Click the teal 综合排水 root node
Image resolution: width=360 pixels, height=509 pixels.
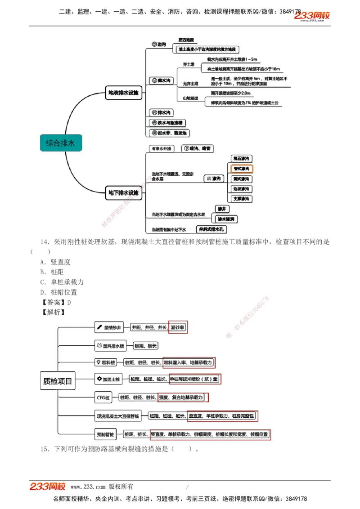[x=61, y=143]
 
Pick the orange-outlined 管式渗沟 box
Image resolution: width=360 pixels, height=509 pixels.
[x=241, y=169]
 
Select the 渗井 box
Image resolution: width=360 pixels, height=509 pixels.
[x=222, y=209]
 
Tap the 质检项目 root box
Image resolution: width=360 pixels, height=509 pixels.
[x=58, y=381]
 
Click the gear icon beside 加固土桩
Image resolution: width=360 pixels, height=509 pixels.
[x=99, y=379]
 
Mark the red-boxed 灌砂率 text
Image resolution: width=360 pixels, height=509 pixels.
[x=178, y=328]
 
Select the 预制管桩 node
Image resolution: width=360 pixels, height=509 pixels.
[x=106, y=434]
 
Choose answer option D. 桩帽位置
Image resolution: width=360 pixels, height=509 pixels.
[x=58, y=292]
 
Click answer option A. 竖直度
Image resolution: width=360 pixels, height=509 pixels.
[x=55, y=262]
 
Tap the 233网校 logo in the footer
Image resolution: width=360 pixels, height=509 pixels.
[x=48, y=487]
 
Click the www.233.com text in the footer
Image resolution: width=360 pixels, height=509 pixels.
[x=88, y=487]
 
